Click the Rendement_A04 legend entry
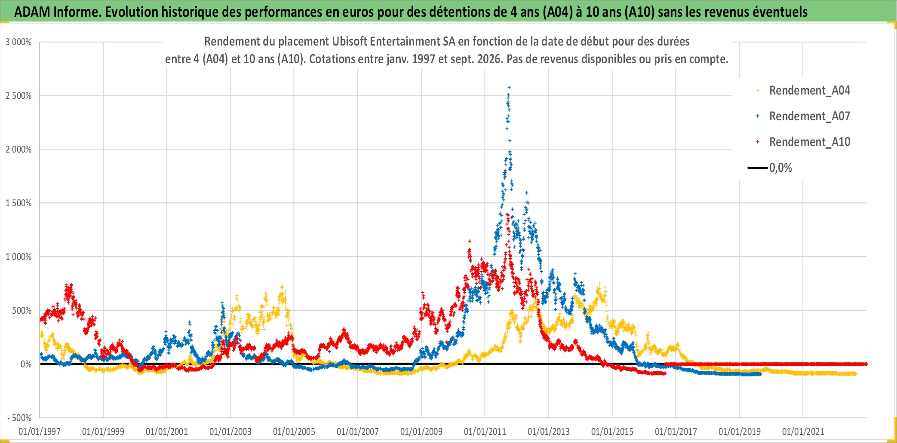[x=803, y=91]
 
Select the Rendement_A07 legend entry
[x=803, y=116]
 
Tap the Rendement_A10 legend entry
[x=803, y=142]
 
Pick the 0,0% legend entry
[x=770, y=168]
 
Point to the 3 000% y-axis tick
[x=18, y=42]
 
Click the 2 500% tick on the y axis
[x=18, y=96]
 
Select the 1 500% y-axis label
[x=18, y=203]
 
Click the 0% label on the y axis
[x=26, y=364]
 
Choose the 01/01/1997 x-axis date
[x=40, y=431]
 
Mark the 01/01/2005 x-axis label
[x=294, y=431]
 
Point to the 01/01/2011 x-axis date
[x=485, y=431]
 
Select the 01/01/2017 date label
[x=676, y=431]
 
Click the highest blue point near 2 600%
[x=509, y=87]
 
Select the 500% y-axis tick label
[x=22, y=311]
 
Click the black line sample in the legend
[x=758, y=168]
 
